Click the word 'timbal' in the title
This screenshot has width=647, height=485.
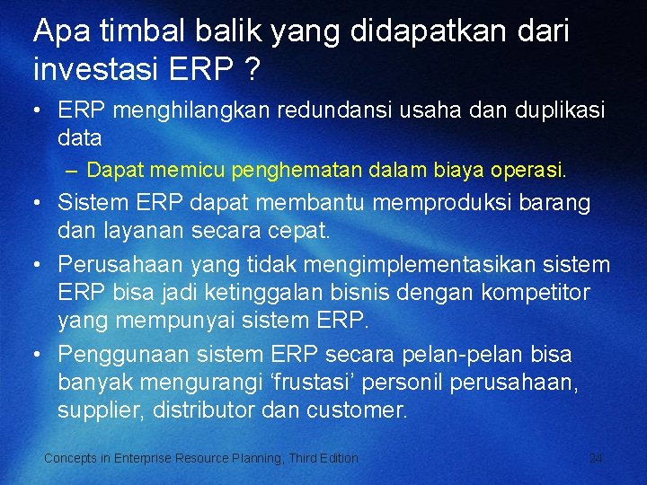pyautogui.click(x=130, y=32)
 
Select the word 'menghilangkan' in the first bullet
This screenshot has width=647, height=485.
pyautogui.click(x=191, y=110)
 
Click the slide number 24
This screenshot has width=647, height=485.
pyautogui.click(x=595, y=458)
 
